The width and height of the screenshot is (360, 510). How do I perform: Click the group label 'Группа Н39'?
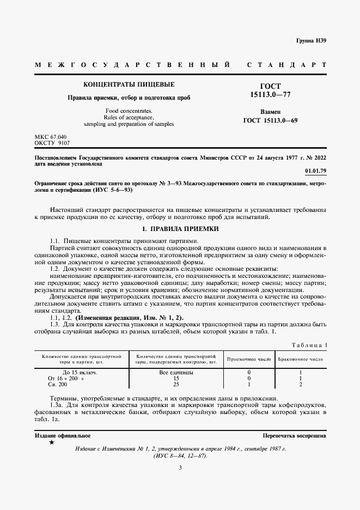(x=311, y=41)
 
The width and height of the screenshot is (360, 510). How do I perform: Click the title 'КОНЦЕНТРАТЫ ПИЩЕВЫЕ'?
(x=129, y=85)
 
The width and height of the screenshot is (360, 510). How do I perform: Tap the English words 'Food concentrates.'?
(x=129, y=111)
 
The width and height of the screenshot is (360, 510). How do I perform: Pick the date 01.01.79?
(x=316, y=171)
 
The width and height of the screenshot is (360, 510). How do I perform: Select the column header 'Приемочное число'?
(x=249, y=360)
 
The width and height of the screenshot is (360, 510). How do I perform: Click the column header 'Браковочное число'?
(x=301, y=360)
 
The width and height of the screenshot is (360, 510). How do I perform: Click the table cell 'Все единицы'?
(x=176, y=372)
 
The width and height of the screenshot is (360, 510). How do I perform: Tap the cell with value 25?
(x=176, y=384)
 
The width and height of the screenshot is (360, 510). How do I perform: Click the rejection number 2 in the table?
(x=301, y=384)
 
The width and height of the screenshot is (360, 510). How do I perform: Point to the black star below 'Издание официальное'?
(x=51, y=443)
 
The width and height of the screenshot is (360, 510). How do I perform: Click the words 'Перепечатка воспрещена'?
(x=294, y=436)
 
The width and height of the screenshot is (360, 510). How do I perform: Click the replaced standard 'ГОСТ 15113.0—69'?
(x=271, y=120)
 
